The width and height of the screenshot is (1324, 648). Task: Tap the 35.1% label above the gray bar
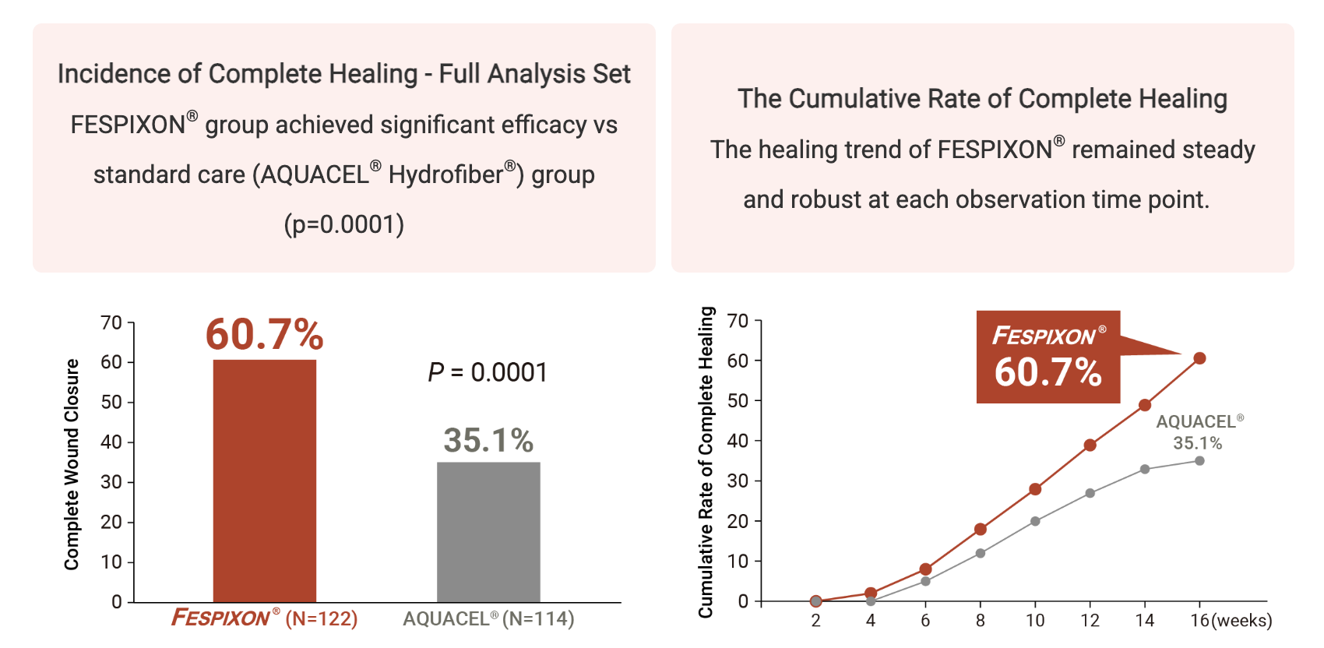click(488, 440)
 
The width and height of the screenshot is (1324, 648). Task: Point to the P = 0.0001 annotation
click(488, 372)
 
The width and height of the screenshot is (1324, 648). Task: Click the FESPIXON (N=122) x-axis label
click(264, 618)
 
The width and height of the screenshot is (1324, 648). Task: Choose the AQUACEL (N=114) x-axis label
click(488, 618)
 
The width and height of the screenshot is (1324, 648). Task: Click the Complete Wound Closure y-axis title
click(72, 464)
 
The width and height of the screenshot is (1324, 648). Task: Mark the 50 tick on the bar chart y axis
click(111, 402)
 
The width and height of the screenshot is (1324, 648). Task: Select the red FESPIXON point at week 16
click(1199, 358)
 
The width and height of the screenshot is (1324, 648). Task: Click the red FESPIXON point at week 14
click(1145, 405)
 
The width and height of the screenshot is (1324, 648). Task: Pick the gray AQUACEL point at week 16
click(1199, 461)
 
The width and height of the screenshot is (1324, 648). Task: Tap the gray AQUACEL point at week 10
click(1035, 521)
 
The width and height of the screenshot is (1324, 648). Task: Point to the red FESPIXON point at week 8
click(981, 530)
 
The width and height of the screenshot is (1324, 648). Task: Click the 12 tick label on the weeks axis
click(1090, 621)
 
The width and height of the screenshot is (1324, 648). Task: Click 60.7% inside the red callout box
click(1048, 372)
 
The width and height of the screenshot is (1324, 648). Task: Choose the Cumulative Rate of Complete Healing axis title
click(706, 462)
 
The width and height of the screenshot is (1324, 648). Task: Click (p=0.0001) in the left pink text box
click(343, 224)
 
